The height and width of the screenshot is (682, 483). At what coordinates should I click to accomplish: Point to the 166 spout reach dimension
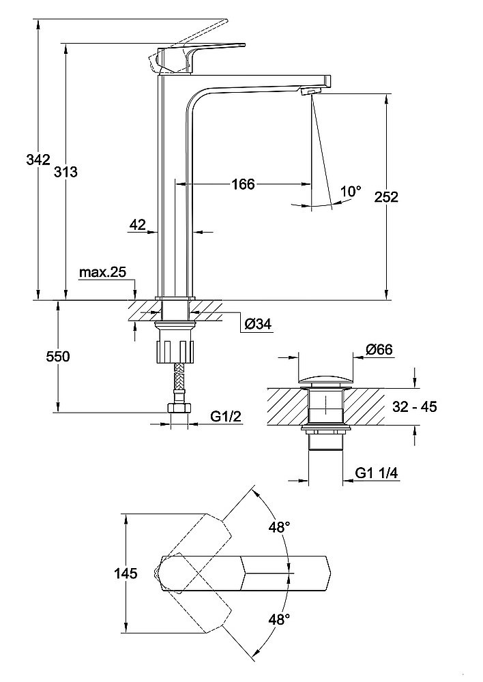242,184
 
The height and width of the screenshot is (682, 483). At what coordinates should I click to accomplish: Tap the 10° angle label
350,191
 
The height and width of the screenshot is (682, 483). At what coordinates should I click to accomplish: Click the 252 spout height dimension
385,197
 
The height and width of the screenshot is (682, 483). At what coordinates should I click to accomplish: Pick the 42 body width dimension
138,225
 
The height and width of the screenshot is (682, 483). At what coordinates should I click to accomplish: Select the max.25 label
102,273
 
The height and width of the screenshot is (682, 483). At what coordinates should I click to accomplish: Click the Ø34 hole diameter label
258,325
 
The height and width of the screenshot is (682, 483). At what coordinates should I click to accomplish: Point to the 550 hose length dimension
58,357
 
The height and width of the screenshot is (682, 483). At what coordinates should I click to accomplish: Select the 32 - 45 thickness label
415,407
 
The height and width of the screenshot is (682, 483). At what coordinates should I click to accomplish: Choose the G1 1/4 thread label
378,472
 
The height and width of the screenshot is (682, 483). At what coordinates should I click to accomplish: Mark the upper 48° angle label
278,527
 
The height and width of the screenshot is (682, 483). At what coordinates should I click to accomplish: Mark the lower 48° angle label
278,619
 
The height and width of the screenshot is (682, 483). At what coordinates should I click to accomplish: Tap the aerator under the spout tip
310,91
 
